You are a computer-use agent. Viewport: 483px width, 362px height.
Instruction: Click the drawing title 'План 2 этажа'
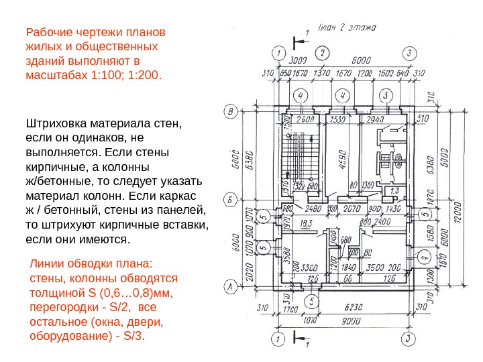point(346,29)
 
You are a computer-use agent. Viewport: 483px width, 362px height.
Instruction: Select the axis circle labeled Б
point(231,200)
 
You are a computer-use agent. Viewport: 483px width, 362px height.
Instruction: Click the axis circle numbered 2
point(323,52)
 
